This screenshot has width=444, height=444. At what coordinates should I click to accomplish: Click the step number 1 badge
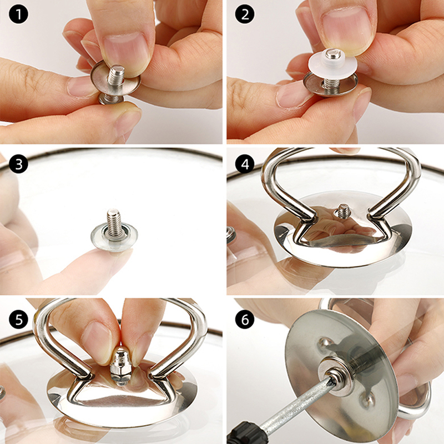coord(18,14)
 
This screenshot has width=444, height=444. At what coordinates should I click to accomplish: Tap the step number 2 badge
coord(245,14)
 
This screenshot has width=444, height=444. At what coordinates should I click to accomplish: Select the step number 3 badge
coord(18,164)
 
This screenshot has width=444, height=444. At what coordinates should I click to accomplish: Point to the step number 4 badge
coord(245,164)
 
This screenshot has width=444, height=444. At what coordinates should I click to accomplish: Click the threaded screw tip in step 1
coord(117,74)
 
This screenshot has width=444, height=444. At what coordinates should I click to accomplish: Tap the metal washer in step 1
coord(115,80)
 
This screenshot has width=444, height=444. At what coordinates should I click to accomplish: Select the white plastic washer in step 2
coord(332,66)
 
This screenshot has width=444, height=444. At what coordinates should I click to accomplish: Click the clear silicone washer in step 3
coord(114,238)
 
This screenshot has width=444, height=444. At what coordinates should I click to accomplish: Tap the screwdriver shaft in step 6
coord(297,402)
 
